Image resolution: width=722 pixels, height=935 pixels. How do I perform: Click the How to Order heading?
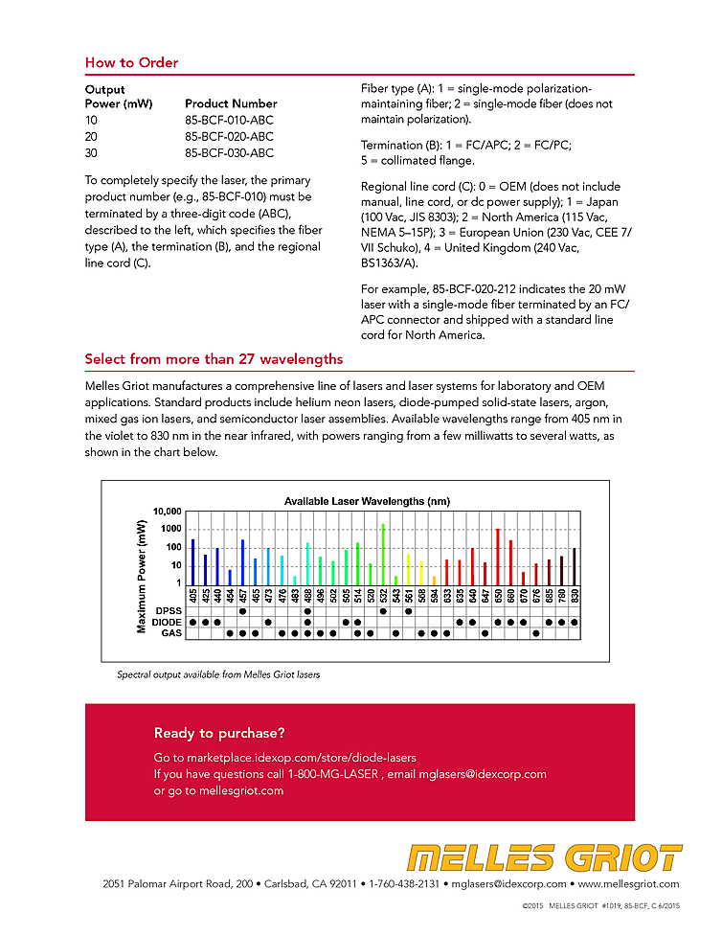pyautogui.click(x=131, y=63)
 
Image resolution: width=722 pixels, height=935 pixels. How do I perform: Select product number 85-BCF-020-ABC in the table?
pyautogui.click(x=229, y=136)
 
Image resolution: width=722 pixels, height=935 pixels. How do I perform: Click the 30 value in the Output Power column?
pyautogui.click(x=91, y=152)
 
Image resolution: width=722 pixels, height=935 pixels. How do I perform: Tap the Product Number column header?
pyautogui.click(x=231, y=103)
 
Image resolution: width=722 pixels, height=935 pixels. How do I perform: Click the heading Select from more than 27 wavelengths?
pyautogui.click(x=214, y=359)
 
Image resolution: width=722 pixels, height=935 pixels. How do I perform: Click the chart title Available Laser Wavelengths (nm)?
pyautogui.click(x=367, y=501)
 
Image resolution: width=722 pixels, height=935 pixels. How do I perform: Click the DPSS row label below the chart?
pyautogui.click(x=169, y=610)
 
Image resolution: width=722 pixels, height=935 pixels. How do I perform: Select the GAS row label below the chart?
pyautogui.click(x=170, y=633)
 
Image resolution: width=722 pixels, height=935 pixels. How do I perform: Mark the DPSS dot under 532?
pyautogui.click(x=383, y=610)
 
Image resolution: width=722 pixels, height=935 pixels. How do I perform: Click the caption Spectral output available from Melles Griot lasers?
pyautogui.click(x=218, y=674)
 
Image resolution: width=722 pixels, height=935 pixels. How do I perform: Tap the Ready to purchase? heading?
pyautogui.click(x=219, y=734)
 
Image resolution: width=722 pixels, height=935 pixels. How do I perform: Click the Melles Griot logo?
pyautogui.click(x=544, y=858)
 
